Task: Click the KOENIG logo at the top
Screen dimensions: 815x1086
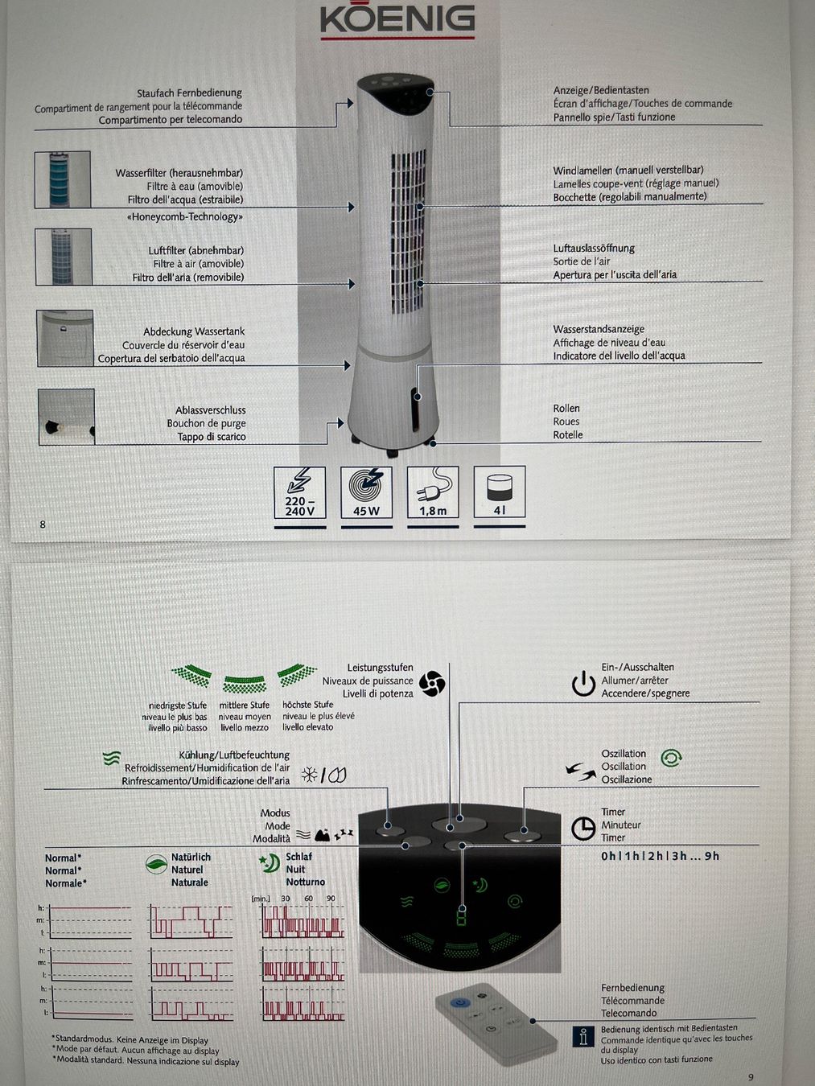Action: (397, 20)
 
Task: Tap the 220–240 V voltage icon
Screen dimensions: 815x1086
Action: (300, 493)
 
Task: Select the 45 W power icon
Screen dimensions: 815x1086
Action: (366, 492)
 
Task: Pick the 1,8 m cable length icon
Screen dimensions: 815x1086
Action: (433, 492)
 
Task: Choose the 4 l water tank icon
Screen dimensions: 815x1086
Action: (500, 492)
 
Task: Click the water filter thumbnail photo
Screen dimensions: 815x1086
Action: (62, 179)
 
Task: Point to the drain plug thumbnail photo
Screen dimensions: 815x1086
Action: (66, 417)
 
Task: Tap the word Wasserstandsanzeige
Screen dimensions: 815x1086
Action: (599, 329)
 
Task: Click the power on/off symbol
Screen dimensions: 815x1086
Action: (583, 684)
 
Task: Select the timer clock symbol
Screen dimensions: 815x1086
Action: (583, 829)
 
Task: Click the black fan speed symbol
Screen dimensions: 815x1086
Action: (431, 684)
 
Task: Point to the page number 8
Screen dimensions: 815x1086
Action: (43, 524)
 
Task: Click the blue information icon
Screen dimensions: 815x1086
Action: (583, 1036)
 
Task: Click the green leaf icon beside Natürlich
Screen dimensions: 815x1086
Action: (156, 864)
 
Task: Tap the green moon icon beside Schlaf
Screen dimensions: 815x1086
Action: (270, 864)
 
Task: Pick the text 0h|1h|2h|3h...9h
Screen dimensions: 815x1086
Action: (660, 856)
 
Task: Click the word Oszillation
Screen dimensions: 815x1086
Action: (624, 754)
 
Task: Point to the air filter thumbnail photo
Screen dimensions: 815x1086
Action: (64, 257)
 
